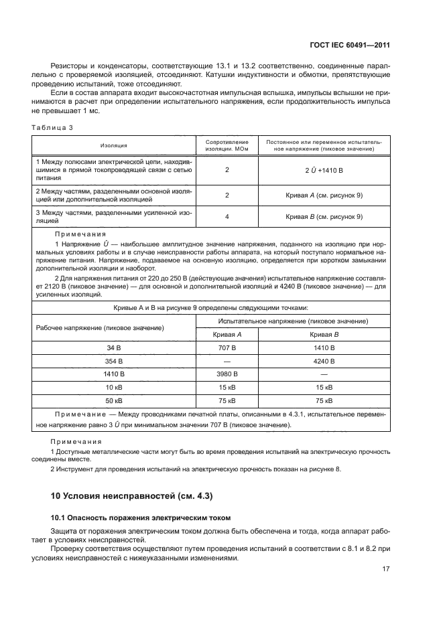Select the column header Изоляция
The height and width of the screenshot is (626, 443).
tap(114, 145)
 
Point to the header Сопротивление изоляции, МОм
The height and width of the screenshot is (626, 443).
tap(227, 145)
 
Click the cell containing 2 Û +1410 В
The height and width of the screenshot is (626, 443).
tap(324, 171)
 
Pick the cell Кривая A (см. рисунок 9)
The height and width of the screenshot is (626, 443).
tap(324, 195)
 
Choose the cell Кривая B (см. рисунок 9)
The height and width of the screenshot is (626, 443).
tap(324, 216)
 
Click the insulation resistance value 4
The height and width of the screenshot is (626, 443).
tap(227, 216)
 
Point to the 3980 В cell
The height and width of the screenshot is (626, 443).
tap(227, 374)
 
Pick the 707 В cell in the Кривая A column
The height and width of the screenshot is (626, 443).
tap(227, 348)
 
